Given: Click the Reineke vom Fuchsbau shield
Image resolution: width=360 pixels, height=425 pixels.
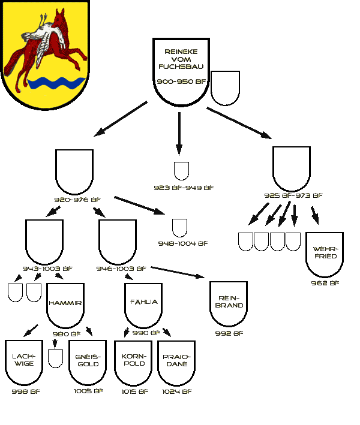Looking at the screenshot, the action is (181, 72).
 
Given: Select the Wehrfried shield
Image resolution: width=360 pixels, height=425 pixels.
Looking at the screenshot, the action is (325, 255).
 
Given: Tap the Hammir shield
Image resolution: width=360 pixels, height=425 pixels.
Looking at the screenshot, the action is (65, 306).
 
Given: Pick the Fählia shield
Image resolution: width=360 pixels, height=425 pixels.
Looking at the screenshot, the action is (143, 306).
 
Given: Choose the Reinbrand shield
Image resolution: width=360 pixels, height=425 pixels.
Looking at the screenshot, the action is (229, 304).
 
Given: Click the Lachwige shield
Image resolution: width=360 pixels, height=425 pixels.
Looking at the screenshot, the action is (24, 363).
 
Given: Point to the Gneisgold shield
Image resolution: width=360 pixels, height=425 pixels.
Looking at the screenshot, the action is (88, 363).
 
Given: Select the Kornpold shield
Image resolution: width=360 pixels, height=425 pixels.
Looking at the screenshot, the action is (133, 363).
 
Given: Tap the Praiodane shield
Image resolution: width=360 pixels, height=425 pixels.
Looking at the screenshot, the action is (176, 363).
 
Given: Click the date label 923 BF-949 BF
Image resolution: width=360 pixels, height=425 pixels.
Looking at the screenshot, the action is (184, 188).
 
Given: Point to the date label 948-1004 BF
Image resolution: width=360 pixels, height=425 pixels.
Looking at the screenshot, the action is (183, 243).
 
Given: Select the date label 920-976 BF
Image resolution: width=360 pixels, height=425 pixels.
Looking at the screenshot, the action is (77, 200).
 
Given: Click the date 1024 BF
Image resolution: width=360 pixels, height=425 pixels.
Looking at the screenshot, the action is (177, 391).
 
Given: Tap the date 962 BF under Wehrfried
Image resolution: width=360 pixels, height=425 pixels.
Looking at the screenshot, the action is (325, 283).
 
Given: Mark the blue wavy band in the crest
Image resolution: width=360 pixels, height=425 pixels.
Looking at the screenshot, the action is (56, 83).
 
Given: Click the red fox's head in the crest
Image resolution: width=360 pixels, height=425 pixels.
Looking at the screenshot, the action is (59, 19).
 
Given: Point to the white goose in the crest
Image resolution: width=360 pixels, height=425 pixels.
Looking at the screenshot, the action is (45, 38).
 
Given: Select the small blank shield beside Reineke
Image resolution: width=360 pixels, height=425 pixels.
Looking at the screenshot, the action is (225, 88).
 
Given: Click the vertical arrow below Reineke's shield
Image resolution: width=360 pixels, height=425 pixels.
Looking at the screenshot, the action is (179, 134).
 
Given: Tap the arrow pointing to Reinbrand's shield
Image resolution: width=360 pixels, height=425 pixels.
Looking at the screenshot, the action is (178, 272).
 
